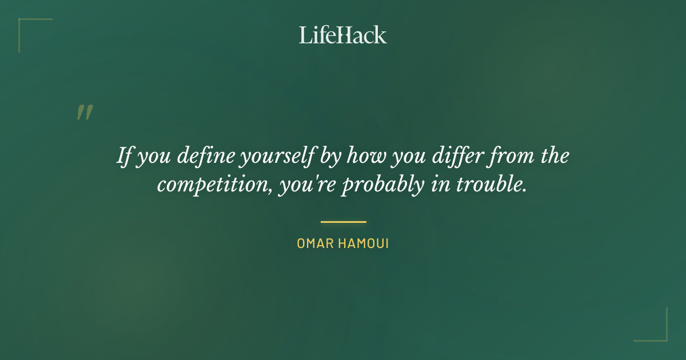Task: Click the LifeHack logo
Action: pyautogui.click(x=343, y=35)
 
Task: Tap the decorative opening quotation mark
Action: pyautogui.click(x=85, y=113)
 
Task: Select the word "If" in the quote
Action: pyautogui.click(x=125, y=155)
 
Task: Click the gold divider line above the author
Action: pyautogui.click(x=343, y=222)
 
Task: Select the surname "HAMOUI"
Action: pyautogui.click(x=364, y=243)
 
